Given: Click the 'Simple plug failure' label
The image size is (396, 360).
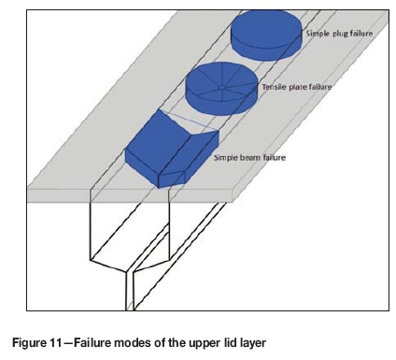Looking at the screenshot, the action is click(x=339, y=34).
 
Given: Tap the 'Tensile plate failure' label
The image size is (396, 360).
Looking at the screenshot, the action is click(x=296, y=87).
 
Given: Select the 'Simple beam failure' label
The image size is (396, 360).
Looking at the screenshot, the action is click(x=249, y=157).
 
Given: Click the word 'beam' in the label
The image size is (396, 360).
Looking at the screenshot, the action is click(x=249, y=157).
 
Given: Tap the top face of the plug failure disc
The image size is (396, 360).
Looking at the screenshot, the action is click(x=266, y=29).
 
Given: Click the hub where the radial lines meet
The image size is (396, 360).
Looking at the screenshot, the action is click(x=220, y=89).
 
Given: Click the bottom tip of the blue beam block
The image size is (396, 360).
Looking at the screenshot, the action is click(x=159, y=188).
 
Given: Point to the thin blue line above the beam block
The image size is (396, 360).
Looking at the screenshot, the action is click(x=190, y=120).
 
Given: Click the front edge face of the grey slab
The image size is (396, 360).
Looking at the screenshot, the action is click(x=130, y=195).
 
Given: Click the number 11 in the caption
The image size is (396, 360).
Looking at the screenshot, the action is click(x=56, y=343).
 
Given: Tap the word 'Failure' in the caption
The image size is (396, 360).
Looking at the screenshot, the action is click(x=92, y=343).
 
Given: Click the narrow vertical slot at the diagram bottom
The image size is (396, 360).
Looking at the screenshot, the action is click(x=130, y=292).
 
